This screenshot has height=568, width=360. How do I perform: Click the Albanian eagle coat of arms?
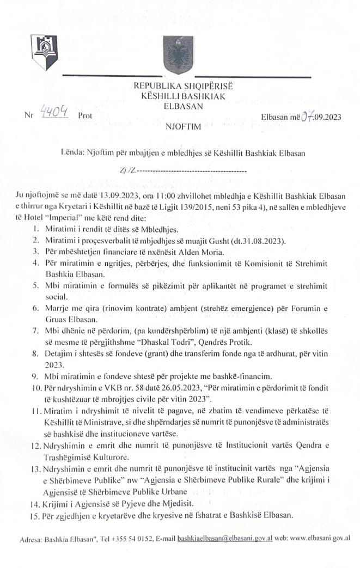[x=175, y=52]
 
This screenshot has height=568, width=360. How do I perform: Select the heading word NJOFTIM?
[x=180, y=127]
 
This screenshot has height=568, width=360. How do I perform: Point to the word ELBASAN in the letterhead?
[x=180, y=106]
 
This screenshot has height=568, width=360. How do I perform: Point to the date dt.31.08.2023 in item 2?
[x=246, y=241]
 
